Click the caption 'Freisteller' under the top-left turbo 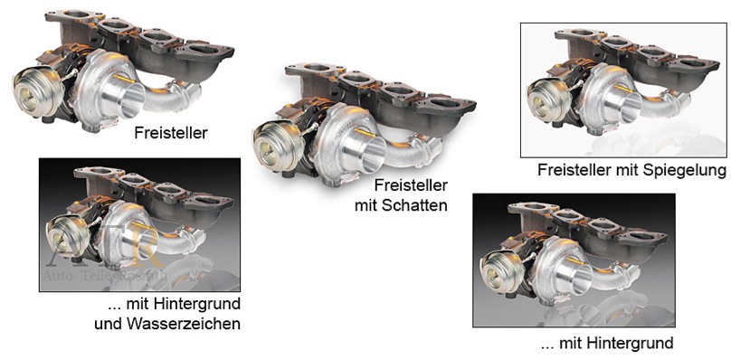click(x=171, y=133)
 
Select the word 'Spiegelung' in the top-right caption click(x=690, y=170)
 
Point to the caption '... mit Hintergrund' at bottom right click(x=606, y=343)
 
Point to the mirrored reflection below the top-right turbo click(x=615, y=140)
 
